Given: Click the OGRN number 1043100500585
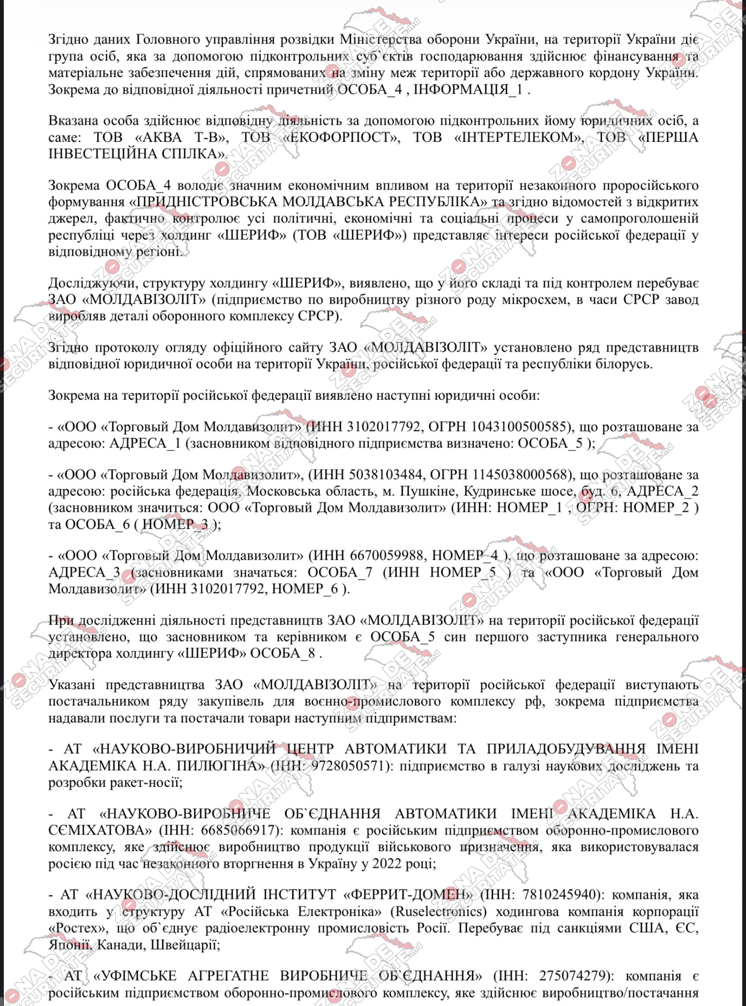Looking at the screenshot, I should [522, 427].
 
